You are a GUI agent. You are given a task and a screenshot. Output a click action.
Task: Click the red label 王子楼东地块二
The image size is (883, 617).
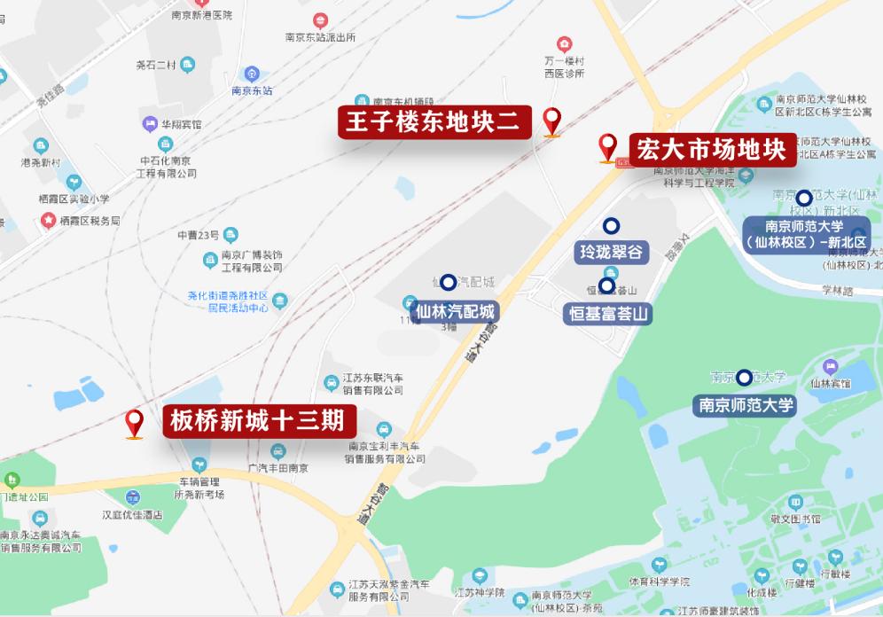(434, 121)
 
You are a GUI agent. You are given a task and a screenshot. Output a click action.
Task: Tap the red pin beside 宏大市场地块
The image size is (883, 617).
(607, 146)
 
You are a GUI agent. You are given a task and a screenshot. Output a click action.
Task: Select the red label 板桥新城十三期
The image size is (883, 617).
(257, 420)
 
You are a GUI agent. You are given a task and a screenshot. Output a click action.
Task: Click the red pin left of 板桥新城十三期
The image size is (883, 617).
(135, 423)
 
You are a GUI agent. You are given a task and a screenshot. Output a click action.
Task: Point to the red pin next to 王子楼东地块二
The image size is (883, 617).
(552, 120)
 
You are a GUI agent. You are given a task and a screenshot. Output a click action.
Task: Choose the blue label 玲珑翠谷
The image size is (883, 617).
(612, 252)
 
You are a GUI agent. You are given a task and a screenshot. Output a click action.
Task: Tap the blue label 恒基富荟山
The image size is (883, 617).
(608, 313)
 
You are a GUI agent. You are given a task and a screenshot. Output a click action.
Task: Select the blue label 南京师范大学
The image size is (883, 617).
(745, 406)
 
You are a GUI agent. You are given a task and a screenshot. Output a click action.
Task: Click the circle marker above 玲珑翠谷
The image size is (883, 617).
(611, 226)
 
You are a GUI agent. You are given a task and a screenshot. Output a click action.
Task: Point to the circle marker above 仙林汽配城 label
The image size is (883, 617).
(449, 283)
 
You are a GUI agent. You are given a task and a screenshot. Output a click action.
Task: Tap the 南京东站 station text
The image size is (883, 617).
(252, 90)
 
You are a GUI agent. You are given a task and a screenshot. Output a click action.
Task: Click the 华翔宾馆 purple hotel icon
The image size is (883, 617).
(147, 124)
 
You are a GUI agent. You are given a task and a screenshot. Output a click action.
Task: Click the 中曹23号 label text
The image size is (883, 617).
(197, 235)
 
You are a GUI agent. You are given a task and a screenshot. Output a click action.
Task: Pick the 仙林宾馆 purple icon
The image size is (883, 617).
(831, 366)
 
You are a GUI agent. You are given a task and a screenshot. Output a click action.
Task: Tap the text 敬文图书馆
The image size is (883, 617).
(795, 519)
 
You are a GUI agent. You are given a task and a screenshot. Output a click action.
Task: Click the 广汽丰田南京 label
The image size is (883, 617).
(278, 468)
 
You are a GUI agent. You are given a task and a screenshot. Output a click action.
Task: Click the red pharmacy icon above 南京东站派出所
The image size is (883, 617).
(319, 20)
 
